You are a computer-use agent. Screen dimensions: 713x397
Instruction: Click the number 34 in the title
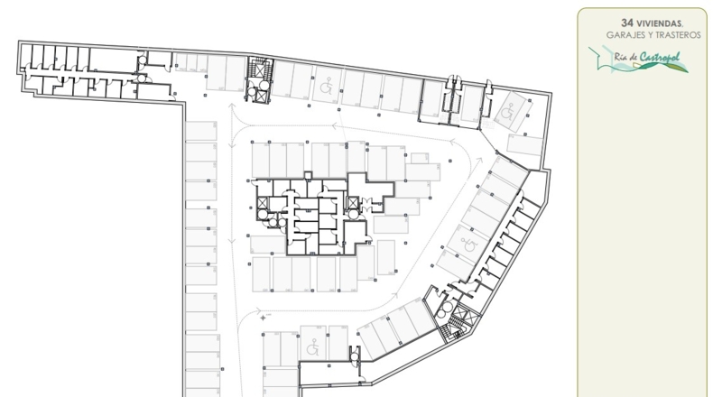[x=627, y=23]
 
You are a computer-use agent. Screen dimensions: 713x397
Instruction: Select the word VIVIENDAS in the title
[x=660, y=23]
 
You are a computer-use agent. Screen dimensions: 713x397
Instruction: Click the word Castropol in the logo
[x=660, y=57]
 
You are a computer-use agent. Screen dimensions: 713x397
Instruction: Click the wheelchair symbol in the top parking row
[x=326, y=85]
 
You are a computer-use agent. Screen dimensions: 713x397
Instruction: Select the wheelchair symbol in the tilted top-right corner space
[x=507, y=111]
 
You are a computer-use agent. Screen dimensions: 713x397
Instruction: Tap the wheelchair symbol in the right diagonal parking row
[x=468, y=245]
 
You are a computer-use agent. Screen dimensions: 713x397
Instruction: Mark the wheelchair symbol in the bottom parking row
[x=312, y=347]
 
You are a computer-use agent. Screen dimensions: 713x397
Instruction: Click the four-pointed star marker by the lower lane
[x=263, y=318]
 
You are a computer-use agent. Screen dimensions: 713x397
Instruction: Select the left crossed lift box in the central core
[x=263, y=203]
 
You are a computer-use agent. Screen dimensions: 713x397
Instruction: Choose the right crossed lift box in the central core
[x=353, y=203]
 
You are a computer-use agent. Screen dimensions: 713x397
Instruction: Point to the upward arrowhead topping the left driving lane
[x=232, y=106]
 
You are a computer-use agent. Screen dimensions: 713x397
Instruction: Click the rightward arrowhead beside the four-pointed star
[x=258, y=311]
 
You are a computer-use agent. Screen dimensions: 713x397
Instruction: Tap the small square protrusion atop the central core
[x=308, y=176]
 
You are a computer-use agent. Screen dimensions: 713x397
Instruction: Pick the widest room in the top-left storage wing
[x=113, y=60]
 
